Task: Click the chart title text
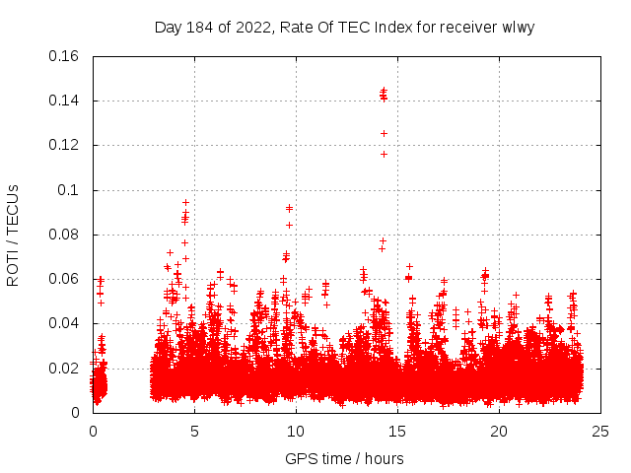(x=344, y=28)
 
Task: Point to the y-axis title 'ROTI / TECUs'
(x=13, y=235)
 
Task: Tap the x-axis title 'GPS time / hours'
(x=344, y=458)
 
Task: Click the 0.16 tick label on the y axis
(x=65, y=56)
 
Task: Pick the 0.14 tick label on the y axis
(x=65, y=101)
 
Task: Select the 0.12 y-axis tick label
(x=65, y=145)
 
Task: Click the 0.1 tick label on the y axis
(x=71, y=190)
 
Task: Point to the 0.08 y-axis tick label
(x=65, y=235)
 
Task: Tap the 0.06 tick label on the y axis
(x=65, y=279)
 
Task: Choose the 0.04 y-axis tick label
(x=65, y=323)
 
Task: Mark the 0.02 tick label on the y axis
(x=65, y=369)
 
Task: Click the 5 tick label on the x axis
(x=194, y=431)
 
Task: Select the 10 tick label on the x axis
(x=296, y=431)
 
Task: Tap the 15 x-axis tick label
(x=397, y=431)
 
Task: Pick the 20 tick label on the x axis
(x=499, y=431)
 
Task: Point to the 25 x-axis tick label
(x=600, y=431)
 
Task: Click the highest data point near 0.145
(x=384, y=91)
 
